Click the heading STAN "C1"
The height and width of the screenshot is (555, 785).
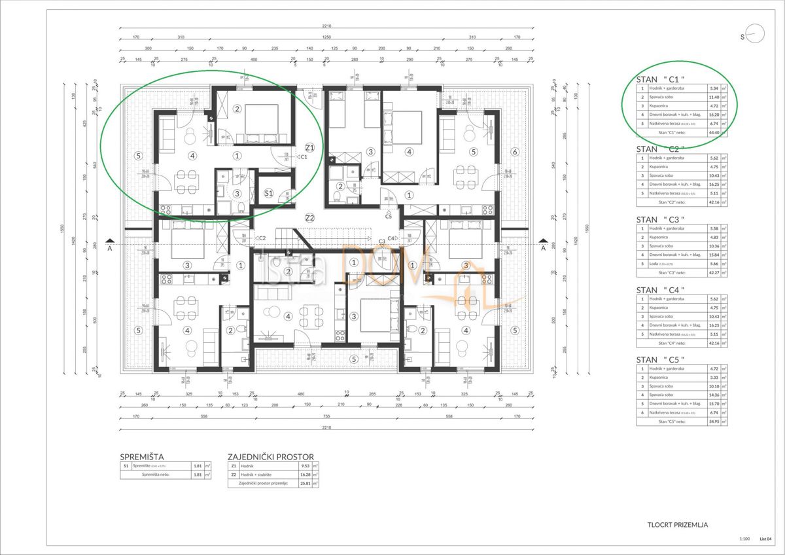(x=660, y=80)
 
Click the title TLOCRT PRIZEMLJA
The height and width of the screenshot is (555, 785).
(x=678, y=524)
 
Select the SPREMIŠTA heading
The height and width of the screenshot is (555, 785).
(x=142, y=456)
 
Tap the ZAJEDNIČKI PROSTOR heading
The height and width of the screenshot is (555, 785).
(x=271, y=456)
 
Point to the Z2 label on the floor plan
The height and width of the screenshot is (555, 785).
(x=309, y=217)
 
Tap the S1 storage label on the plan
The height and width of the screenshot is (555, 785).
(x=269, y=193)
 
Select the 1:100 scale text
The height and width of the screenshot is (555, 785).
(x=744, y=539)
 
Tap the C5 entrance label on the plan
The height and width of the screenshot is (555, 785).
(x=388, y=215)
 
